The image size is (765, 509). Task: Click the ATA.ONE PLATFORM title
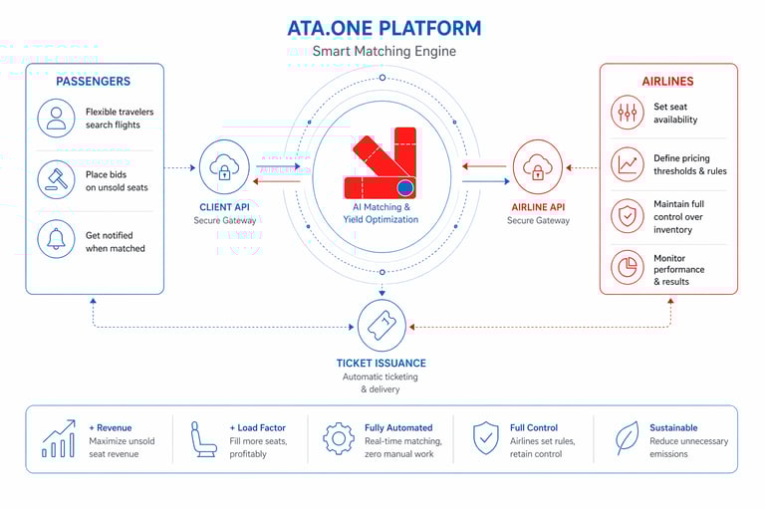tap(383, 28)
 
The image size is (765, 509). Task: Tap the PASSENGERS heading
tap(93, 81)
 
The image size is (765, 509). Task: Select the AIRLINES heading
tap(667, 81)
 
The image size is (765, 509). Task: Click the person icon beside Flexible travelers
tap(56, 119)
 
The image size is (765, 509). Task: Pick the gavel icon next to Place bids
tap(56, 179)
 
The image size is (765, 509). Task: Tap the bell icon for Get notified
tap(56, 240)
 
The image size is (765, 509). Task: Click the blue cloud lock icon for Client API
tap(224, 166)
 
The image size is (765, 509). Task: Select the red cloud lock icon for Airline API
tap(538, 166)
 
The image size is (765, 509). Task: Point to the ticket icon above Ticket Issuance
tap(382, 325)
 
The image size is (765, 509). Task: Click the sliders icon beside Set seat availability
tap(628, 114)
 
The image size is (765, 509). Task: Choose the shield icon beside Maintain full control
tap(628, 216)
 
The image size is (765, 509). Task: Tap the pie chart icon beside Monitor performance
tap(628, 268)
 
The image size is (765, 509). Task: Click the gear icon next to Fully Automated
tap(339, 438)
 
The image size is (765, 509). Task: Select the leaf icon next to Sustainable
tap(627, 438)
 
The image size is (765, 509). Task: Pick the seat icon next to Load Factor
tap(204, 438)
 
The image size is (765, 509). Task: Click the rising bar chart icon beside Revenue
tap(59, 438)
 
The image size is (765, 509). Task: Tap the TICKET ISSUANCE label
tap(382, 364)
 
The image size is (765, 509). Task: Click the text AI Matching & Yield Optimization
tap(382, 212)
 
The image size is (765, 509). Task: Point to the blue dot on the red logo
tap(405, 187)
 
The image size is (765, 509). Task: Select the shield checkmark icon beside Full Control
tap(485, 438)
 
